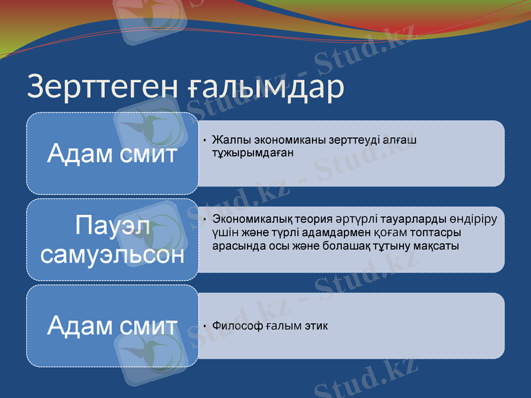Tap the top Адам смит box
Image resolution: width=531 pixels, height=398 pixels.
(112, 154)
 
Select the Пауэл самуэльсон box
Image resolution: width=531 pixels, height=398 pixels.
(112, 239)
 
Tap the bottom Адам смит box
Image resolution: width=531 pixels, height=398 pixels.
(112, 326)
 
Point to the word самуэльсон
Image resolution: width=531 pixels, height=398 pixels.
(112, 254)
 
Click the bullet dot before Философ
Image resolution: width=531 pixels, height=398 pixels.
(206, 327)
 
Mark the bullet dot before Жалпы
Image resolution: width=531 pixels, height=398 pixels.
(206, 141)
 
